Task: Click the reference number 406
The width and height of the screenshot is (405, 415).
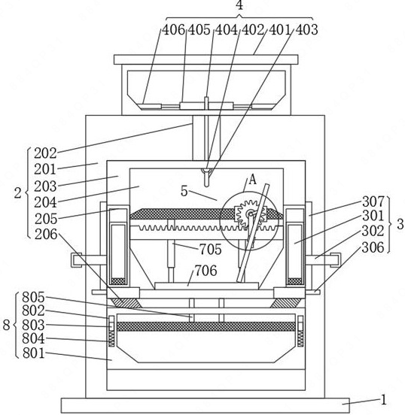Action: [x=174, y=29]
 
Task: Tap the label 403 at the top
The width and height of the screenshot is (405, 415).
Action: [x=306, y=29]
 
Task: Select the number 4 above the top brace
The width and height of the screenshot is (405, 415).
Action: [x=239, y=5]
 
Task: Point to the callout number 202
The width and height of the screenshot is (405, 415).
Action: [x=45, y=153]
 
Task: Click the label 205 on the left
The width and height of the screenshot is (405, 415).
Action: [x=46, y=219]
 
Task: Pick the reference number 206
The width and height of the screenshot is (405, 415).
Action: [x=46, y=235]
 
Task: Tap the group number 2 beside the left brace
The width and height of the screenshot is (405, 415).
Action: [x=18, y=193]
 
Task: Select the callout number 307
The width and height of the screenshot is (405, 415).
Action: [x=373, y=201]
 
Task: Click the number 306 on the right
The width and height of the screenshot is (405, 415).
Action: [x=373, y=247]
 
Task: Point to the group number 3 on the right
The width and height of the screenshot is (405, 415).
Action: [x=400, y=224]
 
